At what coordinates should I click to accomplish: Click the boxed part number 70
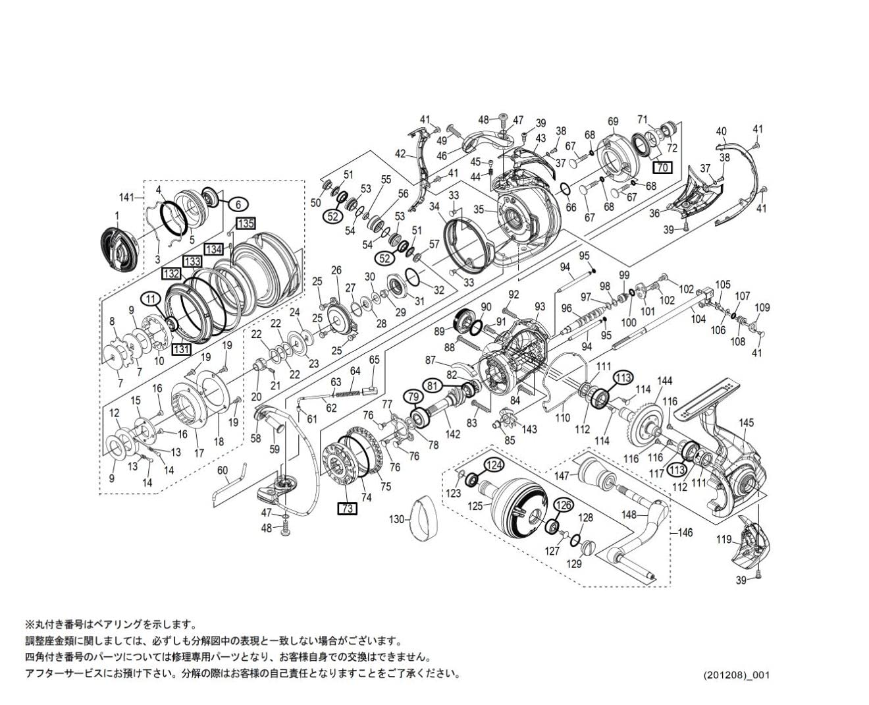tap(662, 167)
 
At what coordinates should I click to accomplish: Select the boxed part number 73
tap(347, 508)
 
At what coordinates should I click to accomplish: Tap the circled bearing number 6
tap(238, 204)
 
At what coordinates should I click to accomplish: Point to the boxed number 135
tap(246, 223)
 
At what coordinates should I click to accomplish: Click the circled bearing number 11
tap(151, 298)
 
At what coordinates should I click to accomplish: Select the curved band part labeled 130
tap(425, 519)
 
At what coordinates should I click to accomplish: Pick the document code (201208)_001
tap(735, 675)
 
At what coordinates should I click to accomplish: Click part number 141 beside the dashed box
tap(126, 197)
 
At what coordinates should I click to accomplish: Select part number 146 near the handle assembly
tap(685, 532)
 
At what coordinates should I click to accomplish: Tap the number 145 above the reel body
tap(745, 422)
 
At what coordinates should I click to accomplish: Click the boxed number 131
tap(181, 350)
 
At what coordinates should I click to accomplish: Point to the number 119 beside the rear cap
tap(724, 540)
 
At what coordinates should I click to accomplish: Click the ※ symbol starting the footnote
tap(29, 624)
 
